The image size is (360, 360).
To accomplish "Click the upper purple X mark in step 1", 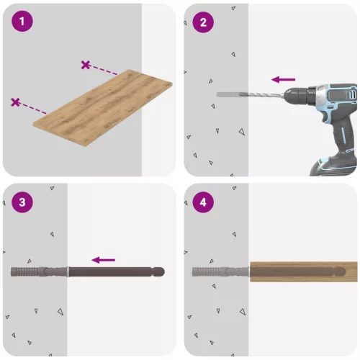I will click(86, 65).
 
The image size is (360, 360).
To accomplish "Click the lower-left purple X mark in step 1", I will click(15, 102).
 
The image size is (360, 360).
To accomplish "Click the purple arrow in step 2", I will click(283, 79).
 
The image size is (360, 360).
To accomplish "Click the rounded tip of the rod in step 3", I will click(161, 273).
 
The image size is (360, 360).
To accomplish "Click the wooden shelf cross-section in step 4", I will click(302, 271).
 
